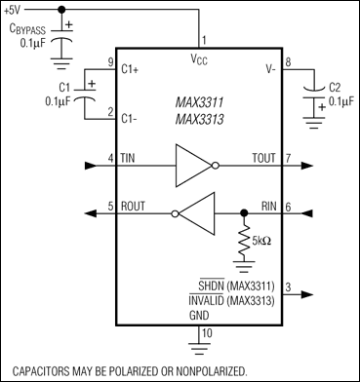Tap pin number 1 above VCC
pyautogui.click(x=204, y=40)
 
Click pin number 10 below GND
pyautogui.click(x=204, y=334)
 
